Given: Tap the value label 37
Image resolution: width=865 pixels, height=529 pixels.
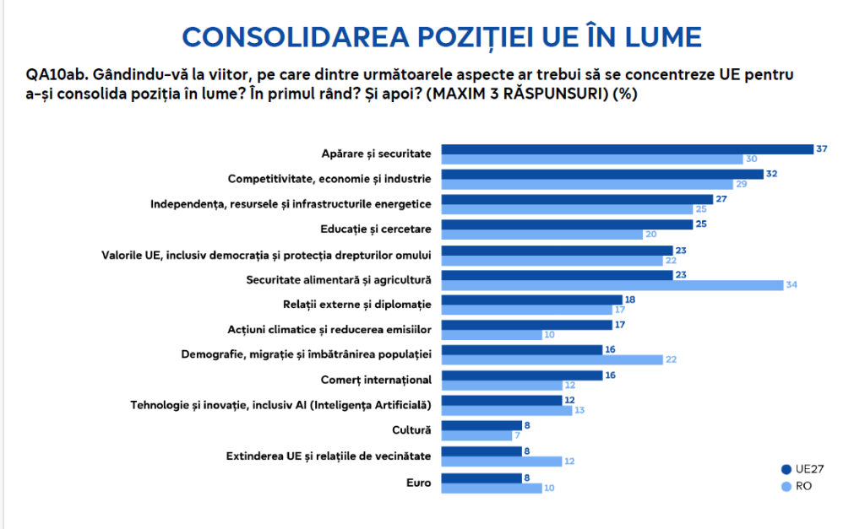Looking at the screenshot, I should (821, 149).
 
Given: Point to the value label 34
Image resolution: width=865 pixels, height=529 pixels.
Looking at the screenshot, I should (792, 285).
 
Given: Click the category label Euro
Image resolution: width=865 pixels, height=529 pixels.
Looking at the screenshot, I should (418, 482).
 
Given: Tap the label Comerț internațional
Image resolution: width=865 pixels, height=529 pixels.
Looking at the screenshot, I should (377, 380).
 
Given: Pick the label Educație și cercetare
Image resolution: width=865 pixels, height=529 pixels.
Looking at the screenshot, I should (376, 229).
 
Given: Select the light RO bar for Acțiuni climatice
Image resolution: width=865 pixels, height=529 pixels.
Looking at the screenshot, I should (492, 335).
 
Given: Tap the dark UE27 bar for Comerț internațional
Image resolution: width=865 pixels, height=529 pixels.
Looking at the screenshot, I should (522, 375).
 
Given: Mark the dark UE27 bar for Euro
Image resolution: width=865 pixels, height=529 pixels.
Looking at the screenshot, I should (481, 477).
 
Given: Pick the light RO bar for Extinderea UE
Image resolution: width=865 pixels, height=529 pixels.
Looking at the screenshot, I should (502, 462).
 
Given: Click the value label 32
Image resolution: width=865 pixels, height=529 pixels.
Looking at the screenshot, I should (770, 174).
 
